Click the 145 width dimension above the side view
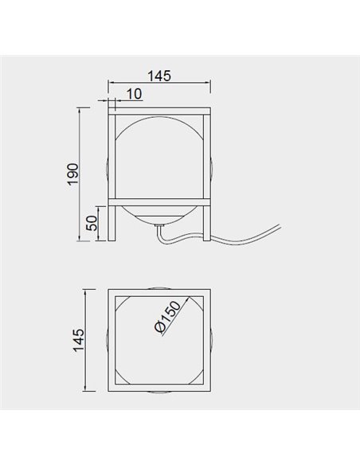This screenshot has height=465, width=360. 159,76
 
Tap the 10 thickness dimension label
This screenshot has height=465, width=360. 135,94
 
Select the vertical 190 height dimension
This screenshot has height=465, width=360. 73,174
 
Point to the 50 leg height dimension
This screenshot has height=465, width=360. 92,223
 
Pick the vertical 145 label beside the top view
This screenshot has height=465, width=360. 79,340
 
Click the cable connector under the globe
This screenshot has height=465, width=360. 160,226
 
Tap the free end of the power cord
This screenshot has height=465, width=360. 279,226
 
